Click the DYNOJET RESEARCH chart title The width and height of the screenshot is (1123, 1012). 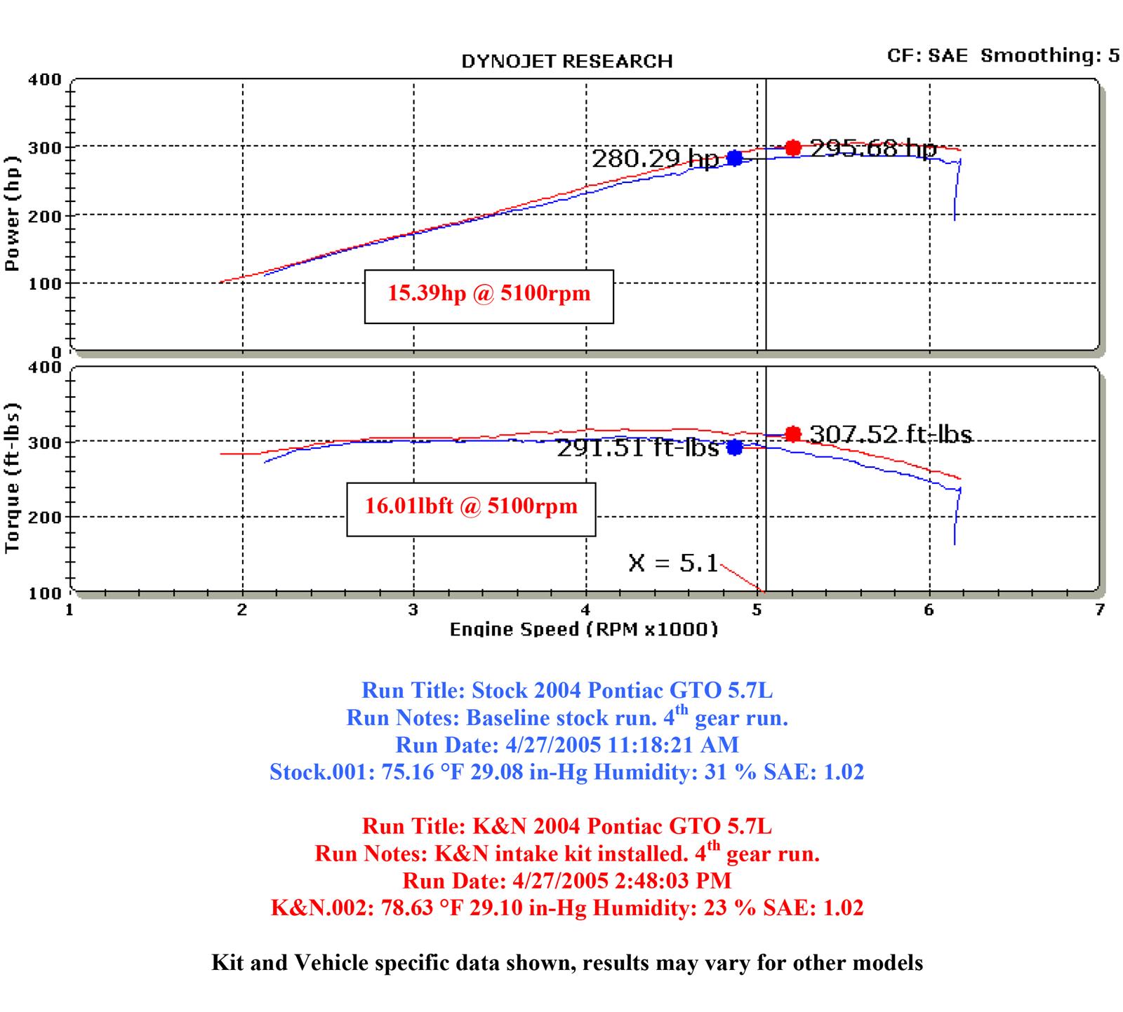[x=566, y=62]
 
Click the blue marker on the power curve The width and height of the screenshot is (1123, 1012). [x=734, y=158]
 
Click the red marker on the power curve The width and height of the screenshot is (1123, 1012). [x=793, y=148]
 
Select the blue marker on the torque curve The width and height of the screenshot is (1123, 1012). [x=734, y=447]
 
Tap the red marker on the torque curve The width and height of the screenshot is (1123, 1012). [x=793, y=434]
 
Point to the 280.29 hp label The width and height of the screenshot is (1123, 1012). [x=655, y=159]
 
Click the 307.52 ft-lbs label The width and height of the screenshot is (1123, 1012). [x=890, y=435]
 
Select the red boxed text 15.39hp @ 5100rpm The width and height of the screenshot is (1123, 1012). [x=489, y=293]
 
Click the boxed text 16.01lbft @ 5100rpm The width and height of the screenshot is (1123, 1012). [x=471, y=506]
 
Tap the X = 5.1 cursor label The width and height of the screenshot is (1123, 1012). [x=673, y=562]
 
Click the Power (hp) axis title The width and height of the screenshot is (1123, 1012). [x=12, y=213]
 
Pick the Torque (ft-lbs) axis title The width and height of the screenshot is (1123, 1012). [x=12, y=478]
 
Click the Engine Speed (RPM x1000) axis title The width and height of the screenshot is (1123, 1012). [x=584, y=629]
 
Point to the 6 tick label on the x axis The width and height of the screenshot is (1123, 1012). [x=929, y=610]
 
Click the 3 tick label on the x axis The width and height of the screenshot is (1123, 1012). [x=413, y=610]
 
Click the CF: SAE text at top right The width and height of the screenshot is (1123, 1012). [x=926, y=55]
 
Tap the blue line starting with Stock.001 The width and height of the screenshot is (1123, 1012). [x=566, y=772]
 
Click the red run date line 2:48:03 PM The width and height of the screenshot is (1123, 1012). [x=566, y=880]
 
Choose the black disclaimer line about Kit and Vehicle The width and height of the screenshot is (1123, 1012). [x=566, y=963]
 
